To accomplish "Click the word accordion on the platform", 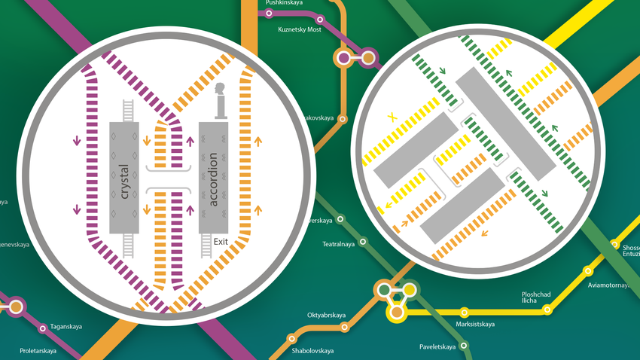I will click(214, 179).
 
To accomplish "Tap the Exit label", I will click(221, 242).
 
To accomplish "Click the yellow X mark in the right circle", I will click(392, 117).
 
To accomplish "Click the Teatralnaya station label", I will click(338, 244).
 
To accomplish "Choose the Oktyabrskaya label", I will click(326, 315).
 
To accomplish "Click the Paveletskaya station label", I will click(437, 347).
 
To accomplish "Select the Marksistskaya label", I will click(475, 325).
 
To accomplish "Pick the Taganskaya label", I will click(66, 326).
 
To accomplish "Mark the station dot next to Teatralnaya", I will click(364, 242).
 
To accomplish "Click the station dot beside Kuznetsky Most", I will click(322, 20).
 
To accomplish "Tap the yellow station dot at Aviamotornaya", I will click(589, 270).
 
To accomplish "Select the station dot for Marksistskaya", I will click(465, 311).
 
